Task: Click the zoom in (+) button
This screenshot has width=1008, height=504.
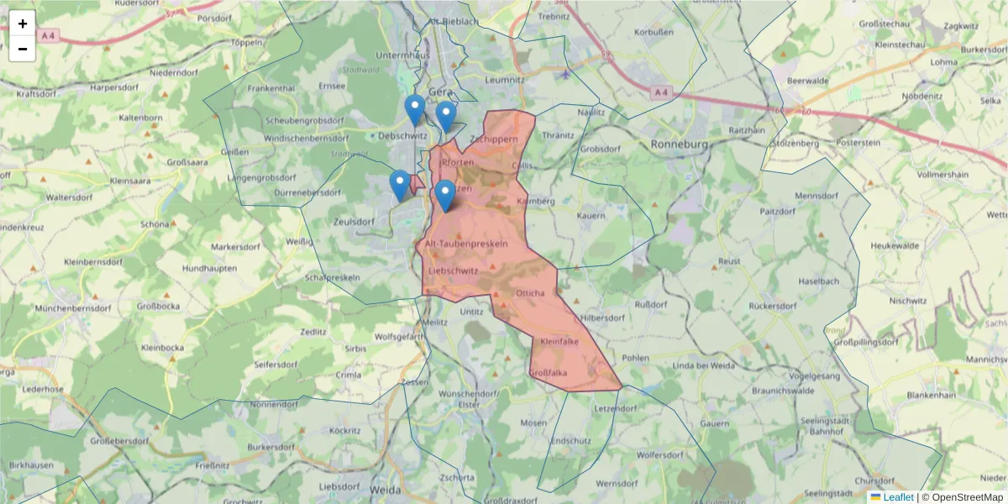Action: [x=23, y=24]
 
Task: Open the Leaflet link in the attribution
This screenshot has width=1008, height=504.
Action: [x=897, y=497]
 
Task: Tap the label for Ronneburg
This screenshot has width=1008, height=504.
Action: [x=680, y=144]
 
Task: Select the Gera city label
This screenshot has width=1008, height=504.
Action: [x=439, y=92]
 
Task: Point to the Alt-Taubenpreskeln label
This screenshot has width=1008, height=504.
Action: [x=466, y=244]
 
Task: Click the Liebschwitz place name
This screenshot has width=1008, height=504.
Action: [x=453, y=271]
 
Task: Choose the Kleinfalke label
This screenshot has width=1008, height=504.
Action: [x=559, y=342]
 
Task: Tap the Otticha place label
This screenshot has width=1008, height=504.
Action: [x=531, y=293]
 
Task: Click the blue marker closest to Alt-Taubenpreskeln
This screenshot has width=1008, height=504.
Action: [x=445, y=196]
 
